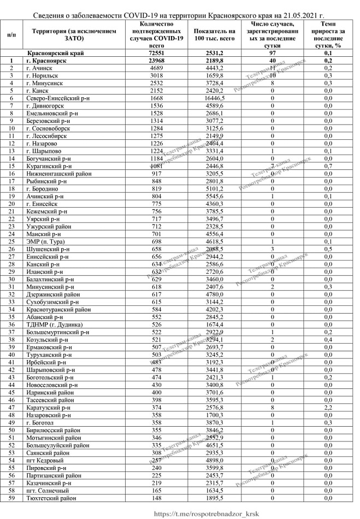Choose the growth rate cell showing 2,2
tap(328, 315)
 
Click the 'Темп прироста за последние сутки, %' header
tap(328, 36)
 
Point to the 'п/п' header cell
tap(11, 36)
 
